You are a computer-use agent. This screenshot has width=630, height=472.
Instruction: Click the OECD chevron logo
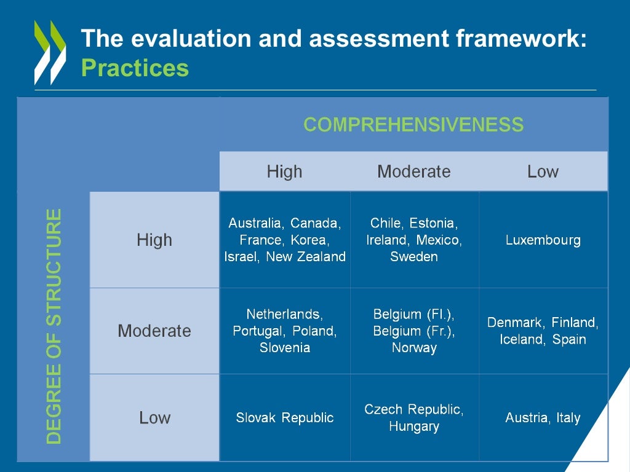pyautogui.click(x=50, y=52)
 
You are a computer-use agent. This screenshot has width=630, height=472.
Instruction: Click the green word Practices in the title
pyautogui.click(x=135, y=68)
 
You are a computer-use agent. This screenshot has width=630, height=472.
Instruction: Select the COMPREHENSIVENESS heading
pyautogui.click(x=413, y=125)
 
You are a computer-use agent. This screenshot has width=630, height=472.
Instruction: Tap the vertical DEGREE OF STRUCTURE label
pyautogui.click(x=55, y=326)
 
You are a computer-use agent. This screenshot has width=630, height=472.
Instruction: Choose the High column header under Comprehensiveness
pyautogui.click(x=284, y=171)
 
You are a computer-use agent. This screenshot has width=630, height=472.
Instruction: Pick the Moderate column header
pyautogui.click(x=413, y=171)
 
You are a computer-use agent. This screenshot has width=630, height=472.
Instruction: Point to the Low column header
pyautogui.click(x=543, y=171)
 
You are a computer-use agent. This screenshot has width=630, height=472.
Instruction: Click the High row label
pyautogui.click(x=154, y=240)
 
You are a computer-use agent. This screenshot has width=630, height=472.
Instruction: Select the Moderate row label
pyautogui.click(x=154, y=331)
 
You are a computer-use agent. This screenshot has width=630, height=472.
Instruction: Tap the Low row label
pyautogui.click(x=154, y=418)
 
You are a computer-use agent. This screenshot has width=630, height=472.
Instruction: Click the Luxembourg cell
pyautogui.click(x=543, y=240)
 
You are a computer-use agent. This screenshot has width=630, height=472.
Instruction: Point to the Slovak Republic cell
pyautogui.click(x=284, y=418)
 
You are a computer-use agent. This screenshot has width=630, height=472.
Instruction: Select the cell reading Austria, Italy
pyautogui.click(x=543, y=418)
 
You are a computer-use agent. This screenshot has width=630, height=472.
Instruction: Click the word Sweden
pyautogui.click(x=413, y=256)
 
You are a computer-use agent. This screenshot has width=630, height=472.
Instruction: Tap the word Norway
pyautogui.click(x=413, y=348)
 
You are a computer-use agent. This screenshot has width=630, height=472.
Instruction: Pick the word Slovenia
pyautogui.click(x=284, y=348)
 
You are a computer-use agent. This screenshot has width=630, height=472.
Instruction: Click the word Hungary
pyautogui.click(x=413, y=427)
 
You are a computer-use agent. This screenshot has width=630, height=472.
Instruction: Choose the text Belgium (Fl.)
pyautogui.click(x=413, y=315)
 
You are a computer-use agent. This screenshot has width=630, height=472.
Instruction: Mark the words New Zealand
pyautogui.click(x=306, y=256)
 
